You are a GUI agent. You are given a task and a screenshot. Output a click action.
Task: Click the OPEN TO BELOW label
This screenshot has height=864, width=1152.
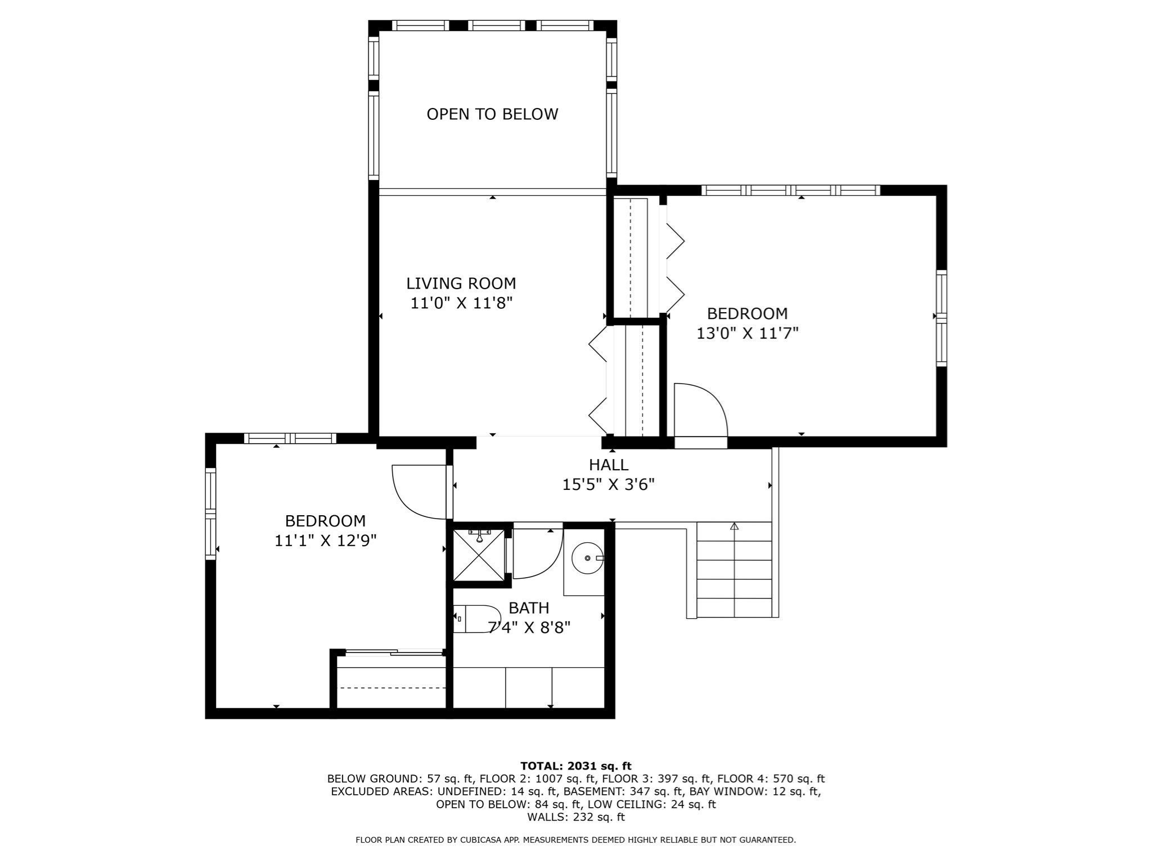pos(492,114)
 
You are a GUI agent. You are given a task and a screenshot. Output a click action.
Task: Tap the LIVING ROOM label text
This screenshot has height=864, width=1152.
pos(461,283)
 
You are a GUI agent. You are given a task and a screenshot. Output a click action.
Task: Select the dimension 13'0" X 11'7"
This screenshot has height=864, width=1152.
pos(747,334)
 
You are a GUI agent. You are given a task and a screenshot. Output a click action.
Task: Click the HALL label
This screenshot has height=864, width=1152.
pos(608,465)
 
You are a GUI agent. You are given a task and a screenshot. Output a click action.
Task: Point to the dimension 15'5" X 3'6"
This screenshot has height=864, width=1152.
pos(608,484)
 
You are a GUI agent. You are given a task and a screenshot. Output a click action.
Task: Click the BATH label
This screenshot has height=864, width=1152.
pos(528,608)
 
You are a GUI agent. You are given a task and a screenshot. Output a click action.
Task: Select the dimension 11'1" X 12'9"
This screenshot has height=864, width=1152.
pos(325,541)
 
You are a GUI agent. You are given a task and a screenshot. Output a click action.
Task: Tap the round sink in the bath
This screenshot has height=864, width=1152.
pos(587,558)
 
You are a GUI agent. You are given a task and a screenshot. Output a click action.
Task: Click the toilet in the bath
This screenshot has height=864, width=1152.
pos(477,619)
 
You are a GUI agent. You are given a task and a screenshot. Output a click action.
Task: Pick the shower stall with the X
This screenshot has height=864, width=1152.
pos(479,555)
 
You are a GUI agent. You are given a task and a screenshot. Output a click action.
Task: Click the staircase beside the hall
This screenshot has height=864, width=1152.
pos(734,569)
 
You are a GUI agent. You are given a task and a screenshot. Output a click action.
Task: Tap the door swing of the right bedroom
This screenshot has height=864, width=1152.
pos(700,409)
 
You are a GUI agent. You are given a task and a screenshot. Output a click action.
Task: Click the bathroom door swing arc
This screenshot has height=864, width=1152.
pos(537,554)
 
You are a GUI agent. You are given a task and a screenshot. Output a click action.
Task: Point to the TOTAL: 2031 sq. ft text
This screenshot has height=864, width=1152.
pos(575,766)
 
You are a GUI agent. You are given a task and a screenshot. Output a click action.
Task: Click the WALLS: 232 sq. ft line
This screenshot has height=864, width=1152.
pos(575,817)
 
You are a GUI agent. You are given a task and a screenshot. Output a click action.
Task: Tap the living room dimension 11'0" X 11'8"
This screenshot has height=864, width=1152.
pos(461,303)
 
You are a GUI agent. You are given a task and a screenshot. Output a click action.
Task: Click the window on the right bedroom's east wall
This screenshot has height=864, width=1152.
pos(941,318)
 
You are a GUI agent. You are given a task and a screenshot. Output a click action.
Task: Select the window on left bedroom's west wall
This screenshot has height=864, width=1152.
pos(210,514)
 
